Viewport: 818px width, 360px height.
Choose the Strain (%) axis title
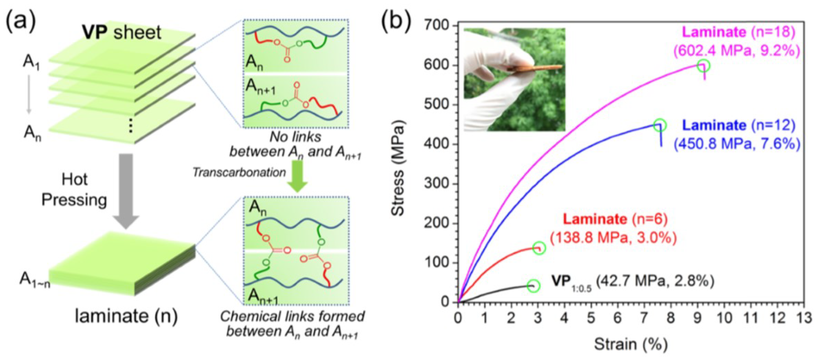click(x=631, y=344)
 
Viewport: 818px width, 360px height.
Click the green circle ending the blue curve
click(x=660, y=125)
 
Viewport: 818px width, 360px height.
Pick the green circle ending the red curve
click(x=539, y=248)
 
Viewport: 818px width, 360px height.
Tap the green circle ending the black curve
click(x=533, y=286)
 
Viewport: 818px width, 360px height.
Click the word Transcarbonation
click(x=239, y=173)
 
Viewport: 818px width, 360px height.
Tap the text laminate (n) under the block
click(x=126, y=316)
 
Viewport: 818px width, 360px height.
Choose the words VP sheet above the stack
click(x=122, y=33)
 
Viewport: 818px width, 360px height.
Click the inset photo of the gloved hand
click(x=514, y=79)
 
